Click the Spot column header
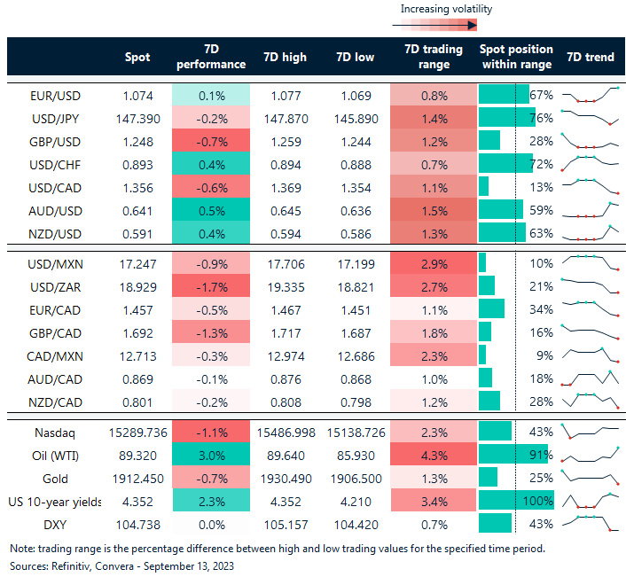138,57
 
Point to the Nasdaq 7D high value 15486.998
285,433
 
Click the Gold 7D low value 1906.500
357,479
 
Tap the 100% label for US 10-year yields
540,502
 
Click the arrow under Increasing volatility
444,26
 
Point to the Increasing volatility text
446,9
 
